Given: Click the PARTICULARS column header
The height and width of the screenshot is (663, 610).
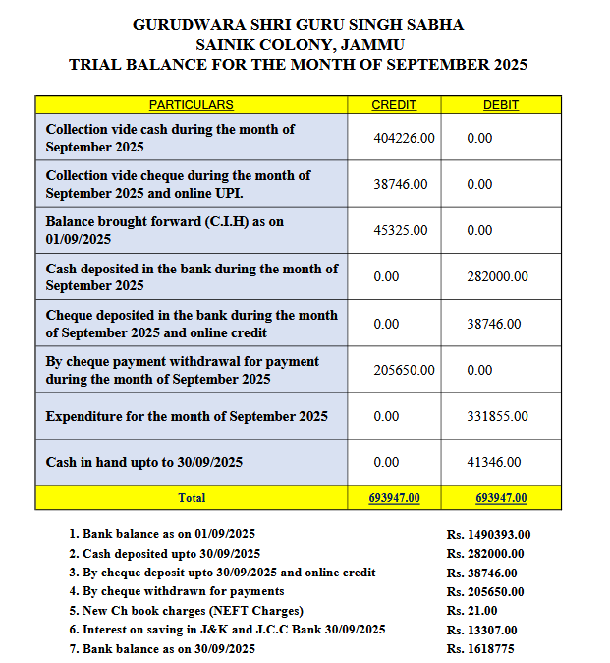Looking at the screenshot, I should pos(191,105).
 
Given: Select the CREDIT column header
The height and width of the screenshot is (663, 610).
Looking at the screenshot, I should pos(393,105).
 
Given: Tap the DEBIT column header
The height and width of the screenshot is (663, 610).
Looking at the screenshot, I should pos(501,105).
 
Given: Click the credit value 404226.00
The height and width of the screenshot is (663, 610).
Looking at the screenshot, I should pos(404,139).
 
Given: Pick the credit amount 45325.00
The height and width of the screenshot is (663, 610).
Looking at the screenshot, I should pos(401,230).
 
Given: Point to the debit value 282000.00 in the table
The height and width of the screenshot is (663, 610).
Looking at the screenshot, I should pos(497,277).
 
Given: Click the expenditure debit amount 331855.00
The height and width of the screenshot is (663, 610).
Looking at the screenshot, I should pos(497,416).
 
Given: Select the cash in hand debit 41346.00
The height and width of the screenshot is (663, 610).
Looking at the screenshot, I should pos(494,462).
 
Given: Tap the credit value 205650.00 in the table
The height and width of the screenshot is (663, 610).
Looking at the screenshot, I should pos(404,370).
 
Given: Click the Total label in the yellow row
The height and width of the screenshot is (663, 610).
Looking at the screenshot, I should pos(191,498).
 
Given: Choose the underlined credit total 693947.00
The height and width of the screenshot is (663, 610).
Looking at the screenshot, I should pos(394,498).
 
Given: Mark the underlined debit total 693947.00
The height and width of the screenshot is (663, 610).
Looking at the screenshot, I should pos(501,498).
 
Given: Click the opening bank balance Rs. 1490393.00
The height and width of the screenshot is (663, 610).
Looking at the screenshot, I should pos(488,535).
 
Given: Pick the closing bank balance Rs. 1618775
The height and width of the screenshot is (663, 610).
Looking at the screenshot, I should pos(479,649).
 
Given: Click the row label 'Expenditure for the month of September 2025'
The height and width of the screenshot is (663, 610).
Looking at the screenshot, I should pos(187,416).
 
